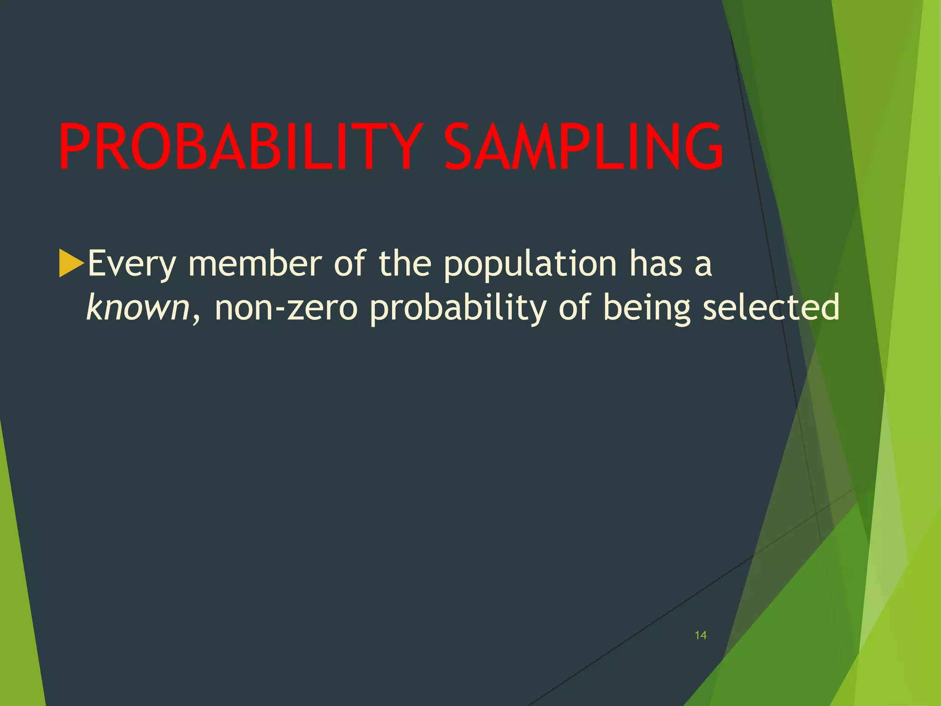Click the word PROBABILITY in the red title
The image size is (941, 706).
click(239, 147)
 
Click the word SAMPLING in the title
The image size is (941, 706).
click(584, 147)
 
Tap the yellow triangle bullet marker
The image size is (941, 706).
click(70, 263)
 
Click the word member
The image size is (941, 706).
click(255, 263)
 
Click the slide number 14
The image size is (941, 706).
click(700, 636)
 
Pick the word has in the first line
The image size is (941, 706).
click(656, 263)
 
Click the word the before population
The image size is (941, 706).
click(404, 263)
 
